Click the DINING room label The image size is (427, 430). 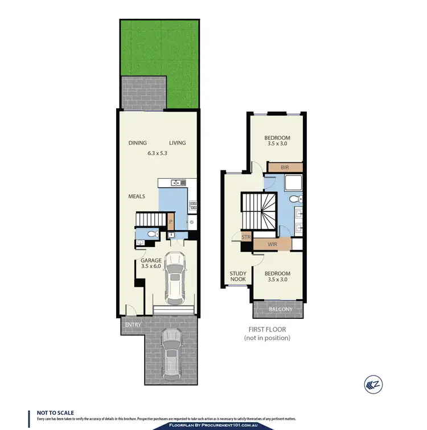click(x=138, y=143)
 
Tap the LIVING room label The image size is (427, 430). click(x=177, y=143)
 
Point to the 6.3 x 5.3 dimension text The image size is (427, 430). click(x=157, y=153)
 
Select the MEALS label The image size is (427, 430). click(x=136, y=196)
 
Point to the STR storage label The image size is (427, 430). click(x=247, y=237)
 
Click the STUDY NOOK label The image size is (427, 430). click(x=238, y=277)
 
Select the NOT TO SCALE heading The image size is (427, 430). click(x=55, y=412)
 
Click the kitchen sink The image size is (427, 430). click(x=176, y=183)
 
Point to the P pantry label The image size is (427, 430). click(x=170, y=222)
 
